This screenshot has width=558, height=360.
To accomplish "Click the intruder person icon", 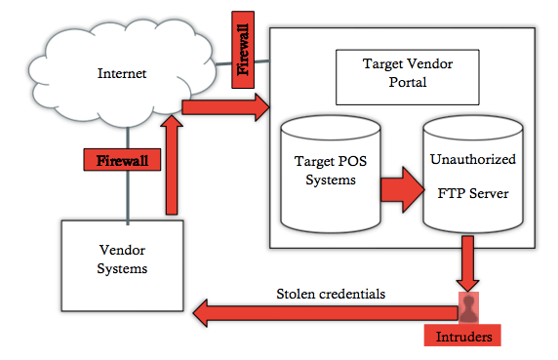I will (470, 308).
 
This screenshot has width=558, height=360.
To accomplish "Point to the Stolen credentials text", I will (331, 293).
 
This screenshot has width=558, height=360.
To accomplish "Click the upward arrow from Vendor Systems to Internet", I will (173, 161).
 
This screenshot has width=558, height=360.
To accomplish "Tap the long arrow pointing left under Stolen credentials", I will (322, 313).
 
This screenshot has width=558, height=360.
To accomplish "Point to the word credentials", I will (352, 293).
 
